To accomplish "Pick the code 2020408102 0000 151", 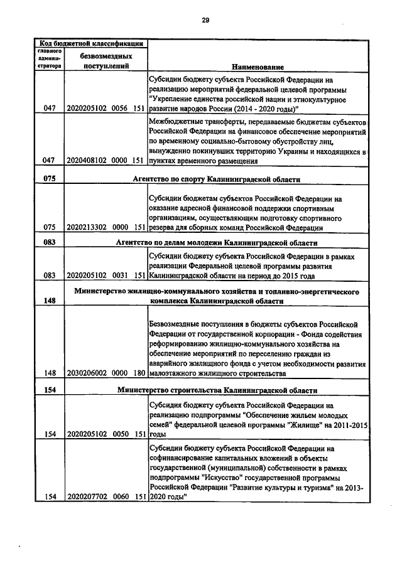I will pos(106,161).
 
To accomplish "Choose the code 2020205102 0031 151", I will pos(106,275).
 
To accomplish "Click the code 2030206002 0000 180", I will pos(106,372).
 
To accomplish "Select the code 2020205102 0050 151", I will pos(106,433).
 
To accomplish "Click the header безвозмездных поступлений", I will pos(106,60).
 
